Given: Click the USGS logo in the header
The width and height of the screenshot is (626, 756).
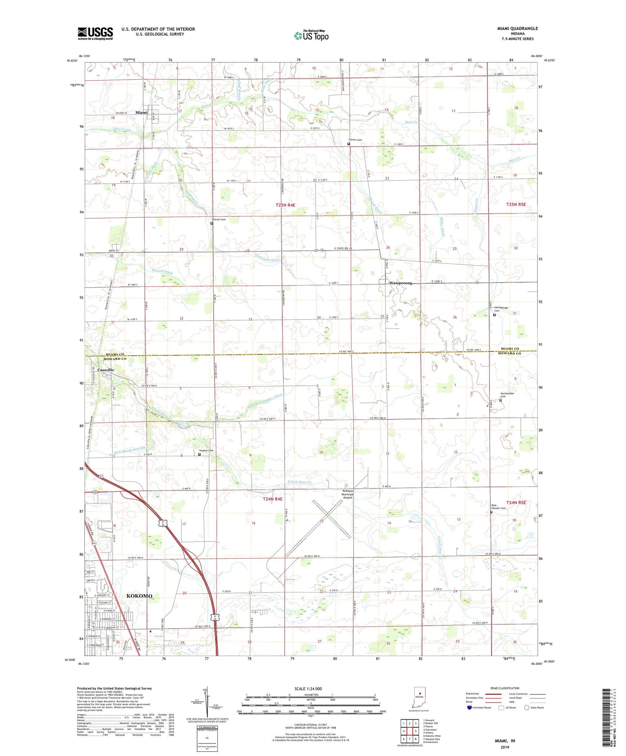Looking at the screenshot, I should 95,33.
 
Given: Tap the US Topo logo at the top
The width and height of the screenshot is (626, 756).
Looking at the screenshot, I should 311,35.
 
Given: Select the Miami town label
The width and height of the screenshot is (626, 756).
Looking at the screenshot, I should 141,112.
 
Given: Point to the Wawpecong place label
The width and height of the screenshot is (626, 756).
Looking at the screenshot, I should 400,283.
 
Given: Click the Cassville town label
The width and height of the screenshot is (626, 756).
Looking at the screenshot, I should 106,370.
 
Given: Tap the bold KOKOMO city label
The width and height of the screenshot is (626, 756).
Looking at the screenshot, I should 139,596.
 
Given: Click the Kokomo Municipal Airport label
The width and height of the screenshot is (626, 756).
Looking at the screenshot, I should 348,494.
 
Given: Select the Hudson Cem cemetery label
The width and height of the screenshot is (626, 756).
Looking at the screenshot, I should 206,450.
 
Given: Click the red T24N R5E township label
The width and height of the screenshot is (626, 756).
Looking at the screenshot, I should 516,502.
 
